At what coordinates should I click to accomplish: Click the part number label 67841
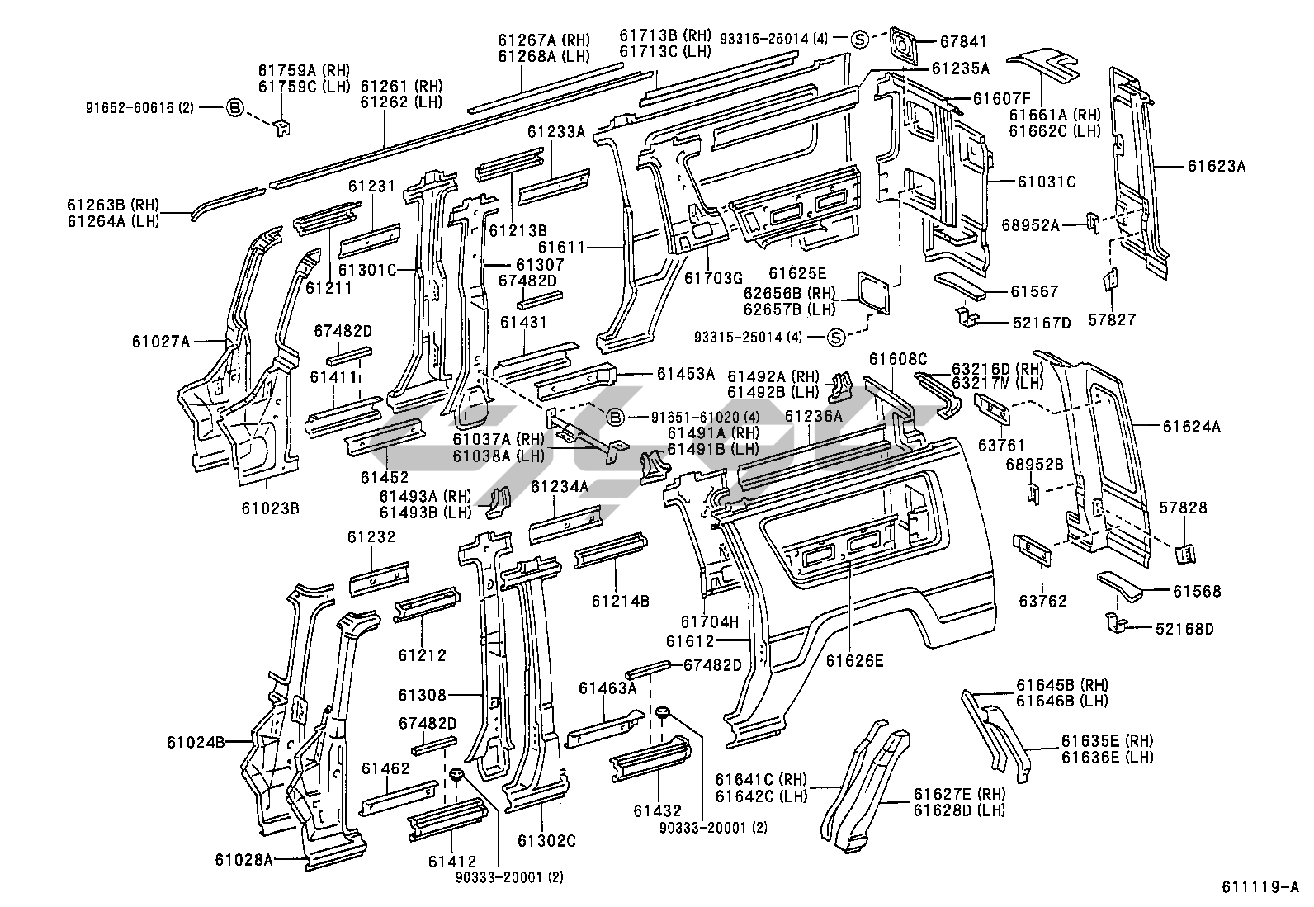tap(964, 41)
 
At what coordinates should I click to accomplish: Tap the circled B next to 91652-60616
tap(235, 107)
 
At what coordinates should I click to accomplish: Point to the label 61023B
tap(270, 508)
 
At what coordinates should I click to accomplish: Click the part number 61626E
tap(855, 660)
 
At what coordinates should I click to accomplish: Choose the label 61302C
tap(546, 841)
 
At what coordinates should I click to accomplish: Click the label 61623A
tap(1217, 166)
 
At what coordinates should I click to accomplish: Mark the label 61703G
tap(714, 277)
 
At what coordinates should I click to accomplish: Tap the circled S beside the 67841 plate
tap(859, 38)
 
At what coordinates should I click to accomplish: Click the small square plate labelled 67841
tap(905, 45)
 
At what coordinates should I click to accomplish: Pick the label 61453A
tap(686, 374)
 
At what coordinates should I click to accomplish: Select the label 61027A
tap(160, 340)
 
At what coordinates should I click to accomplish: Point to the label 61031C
tap(1047, 182)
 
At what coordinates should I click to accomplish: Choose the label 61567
tap(1034, 291)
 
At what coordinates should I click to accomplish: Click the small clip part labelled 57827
tap(1110, 280)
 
